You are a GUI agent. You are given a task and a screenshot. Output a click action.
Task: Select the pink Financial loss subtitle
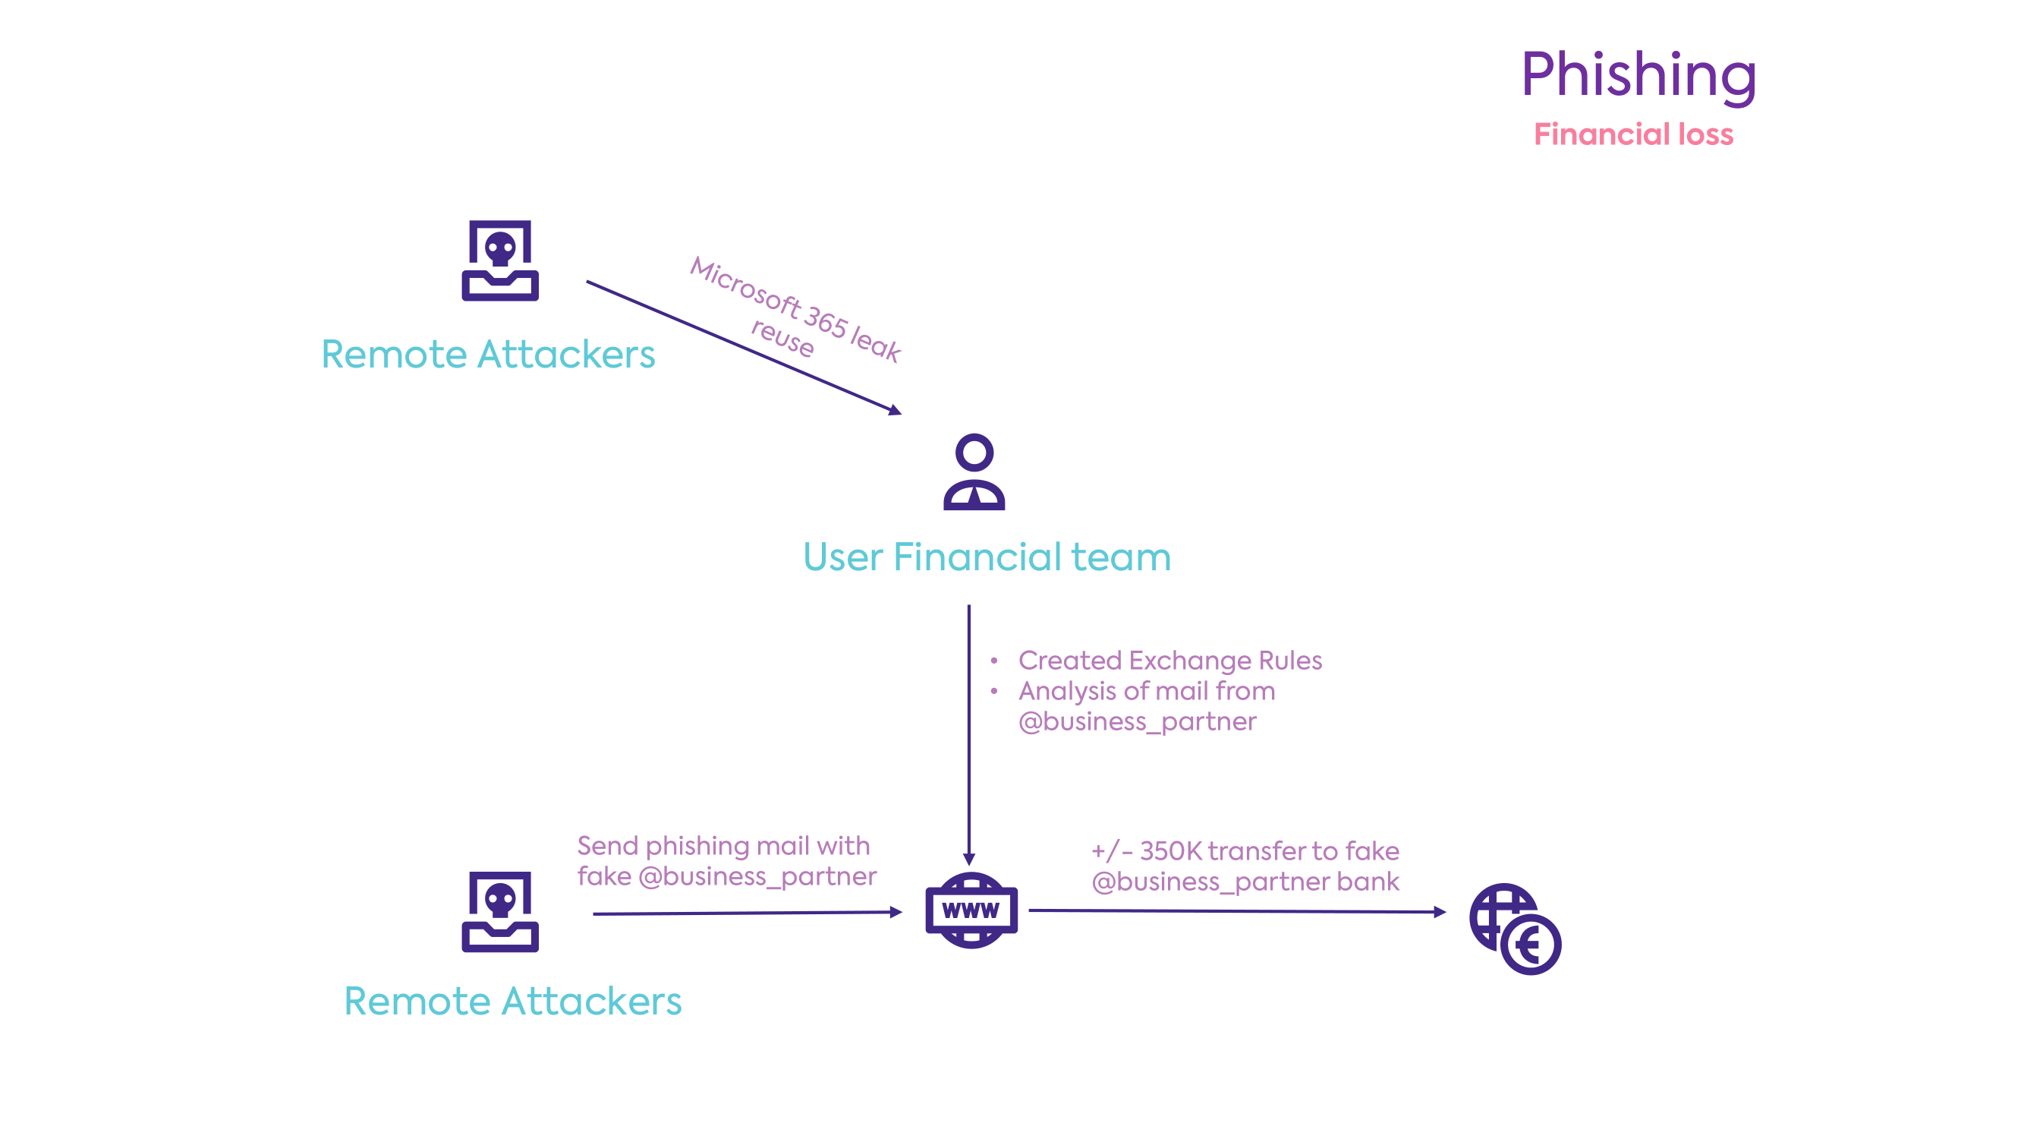(1632, 134)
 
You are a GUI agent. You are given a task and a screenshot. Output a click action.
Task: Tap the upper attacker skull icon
(499, 260)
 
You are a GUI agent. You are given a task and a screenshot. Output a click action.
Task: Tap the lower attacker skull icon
(499, 911)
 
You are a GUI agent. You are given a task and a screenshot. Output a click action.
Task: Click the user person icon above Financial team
(974, 472)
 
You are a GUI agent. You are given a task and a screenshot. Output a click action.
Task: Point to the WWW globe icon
(971, 910)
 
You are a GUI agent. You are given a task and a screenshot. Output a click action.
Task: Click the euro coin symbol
(1530, 944)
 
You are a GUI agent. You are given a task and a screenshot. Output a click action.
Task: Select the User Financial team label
(986, 557)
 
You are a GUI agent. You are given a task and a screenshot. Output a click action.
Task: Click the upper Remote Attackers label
(488, 355)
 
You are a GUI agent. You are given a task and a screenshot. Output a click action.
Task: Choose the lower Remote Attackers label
(512, 1002)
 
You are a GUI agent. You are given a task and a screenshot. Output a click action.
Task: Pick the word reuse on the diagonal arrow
(782, 338)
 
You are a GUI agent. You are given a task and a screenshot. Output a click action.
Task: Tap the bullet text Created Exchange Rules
(1169, 661)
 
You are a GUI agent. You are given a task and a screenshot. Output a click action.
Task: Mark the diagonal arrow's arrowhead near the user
(895, 409)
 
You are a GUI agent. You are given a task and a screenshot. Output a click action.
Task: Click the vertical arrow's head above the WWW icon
(969, 859)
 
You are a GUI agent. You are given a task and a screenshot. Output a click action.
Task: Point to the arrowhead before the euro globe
(1440, 912)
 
